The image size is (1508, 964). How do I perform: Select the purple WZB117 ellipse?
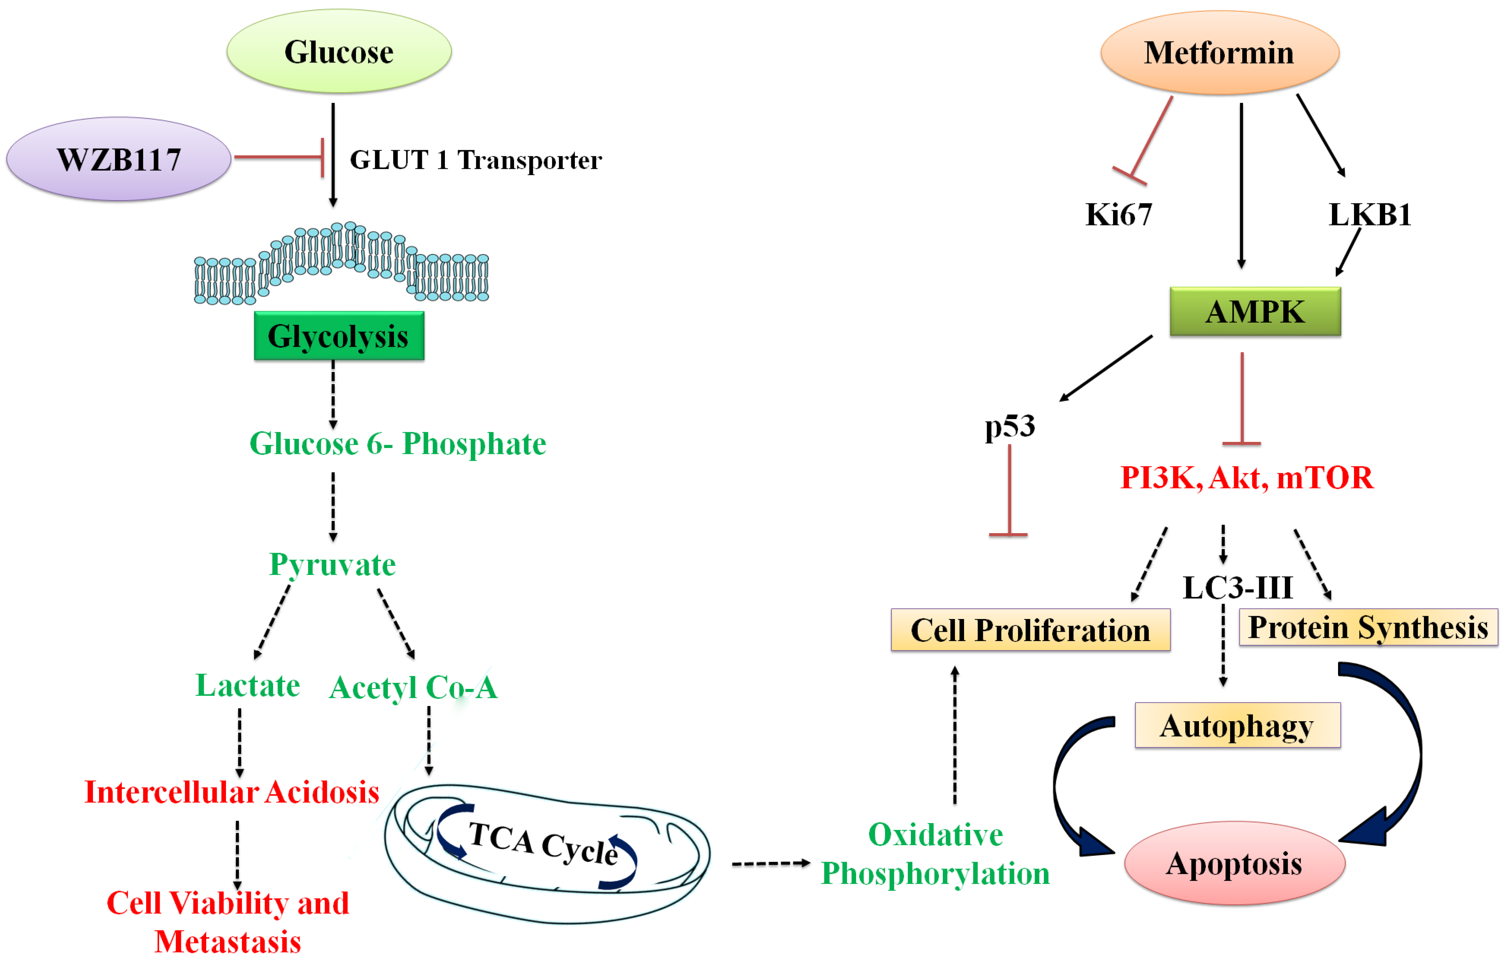click(x=119, y=159)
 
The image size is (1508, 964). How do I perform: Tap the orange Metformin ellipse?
click(x=1219, y=53)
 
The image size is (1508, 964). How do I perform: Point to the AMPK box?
click(x=1255, y=311)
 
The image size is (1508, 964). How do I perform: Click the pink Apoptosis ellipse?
click(x=1234, y=863)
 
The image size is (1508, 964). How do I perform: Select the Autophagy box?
click(x=1238, y=725)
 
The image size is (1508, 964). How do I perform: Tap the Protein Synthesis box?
click(x=1368, y=627)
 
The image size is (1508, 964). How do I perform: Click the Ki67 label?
click(x=1118, y=215)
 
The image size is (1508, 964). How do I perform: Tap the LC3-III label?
click(x=1238, y=587)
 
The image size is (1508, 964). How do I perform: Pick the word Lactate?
click(x=248, y=685)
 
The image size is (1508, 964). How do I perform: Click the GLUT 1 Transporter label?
click(x=476, y=160)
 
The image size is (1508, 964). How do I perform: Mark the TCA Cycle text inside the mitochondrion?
click(x=544, y=843)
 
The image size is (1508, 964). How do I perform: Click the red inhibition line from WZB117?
click(x=279, y=157)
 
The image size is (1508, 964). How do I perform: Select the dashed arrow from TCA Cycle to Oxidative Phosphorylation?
click(x=771, y=864)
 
